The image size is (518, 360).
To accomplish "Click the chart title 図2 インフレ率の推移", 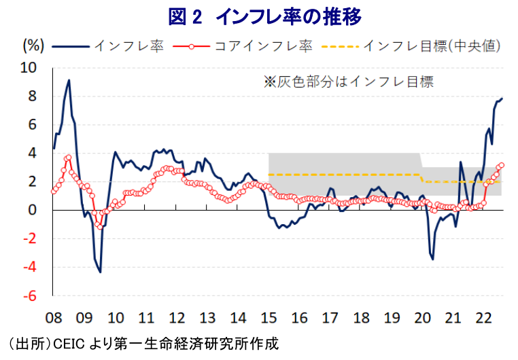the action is pyautogui.click(x=265, y=16).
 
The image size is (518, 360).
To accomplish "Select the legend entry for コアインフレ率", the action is pyautogui.click(x=243, y=46).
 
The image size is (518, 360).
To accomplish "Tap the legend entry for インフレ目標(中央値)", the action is pyautogui.click(x=411, y=46).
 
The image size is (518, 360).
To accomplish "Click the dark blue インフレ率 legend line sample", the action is pyautogui.click(x=71, y=46).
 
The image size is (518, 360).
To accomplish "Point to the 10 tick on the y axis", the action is pyautogui.click(x=29, y=68).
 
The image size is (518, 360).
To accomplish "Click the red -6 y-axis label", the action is pyautogui.click(x=30, y=296).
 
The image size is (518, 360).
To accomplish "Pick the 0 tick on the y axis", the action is pyautogui.click(x=32, y=210).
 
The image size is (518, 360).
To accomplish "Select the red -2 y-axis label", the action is pyautogui.click(x=30, y=239).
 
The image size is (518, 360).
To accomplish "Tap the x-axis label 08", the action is pyautogui.click(x=54, y=318).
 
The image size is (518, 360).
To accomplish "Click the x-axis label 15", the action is pyautogui.click(x=269, y=318).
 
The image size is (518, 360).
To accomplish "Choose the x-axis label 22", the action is pyautogui.click(x=483, y=318).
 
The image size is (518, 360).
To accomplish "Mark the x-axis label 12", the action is pyautogui.click(x=177, y=318).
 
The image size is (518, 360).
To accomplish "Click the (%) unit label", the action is pyautogui.click(x=33, y=46).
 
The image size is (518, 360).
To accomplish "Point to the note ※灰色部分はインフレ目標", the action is pyautogui.click(x=349, y=82).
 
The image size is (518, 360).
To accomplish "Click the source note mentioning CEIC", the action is pyautogui.click(x=143, y=344).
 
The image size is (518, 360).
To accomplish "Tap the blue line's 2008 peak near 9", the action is pyautogui.click(x=69, y=80).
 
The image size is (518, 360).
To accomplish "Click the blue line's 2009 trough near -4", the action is pyautogui.click(x=100, y=272).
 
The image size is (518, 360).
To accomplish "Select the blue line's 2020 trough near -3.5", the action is pyautogui.click(x=433, y=259).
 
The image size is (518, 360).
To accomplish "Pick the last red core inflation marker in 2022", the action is pyautogui.click(x=502, y=165).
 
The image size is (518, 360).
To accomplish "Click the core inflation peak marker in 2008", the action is pyautogui.click(x=69, y=158).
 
